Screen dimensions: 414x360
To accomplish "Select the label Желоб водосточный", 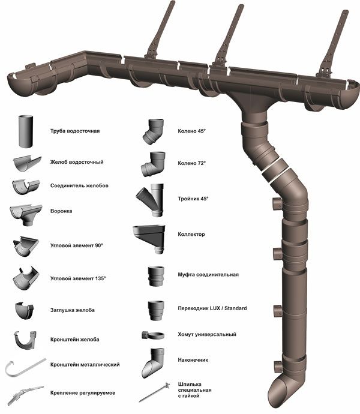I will coord(77,162).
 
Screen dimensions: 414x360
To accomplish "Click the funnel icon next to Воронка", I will coord(25,214).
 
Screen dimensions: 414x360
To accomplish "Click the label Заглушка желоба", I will coord(73,310).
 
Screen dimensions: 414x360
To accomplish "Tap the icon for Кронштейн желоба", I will coord(26,340).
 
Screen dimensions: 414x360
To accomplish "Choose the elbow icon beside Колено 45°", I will coord(152,132).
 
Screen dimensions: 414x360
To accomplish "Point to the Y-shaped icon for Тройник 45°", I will coord(150,200).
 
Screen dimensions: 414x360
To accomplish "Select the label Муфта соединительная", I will coord(208,274).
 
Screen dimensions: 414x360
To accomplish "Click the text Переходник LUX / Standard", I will coord(212,308).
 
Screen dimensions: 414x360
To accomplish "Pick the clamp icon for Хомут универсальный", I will coord(152,334).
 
